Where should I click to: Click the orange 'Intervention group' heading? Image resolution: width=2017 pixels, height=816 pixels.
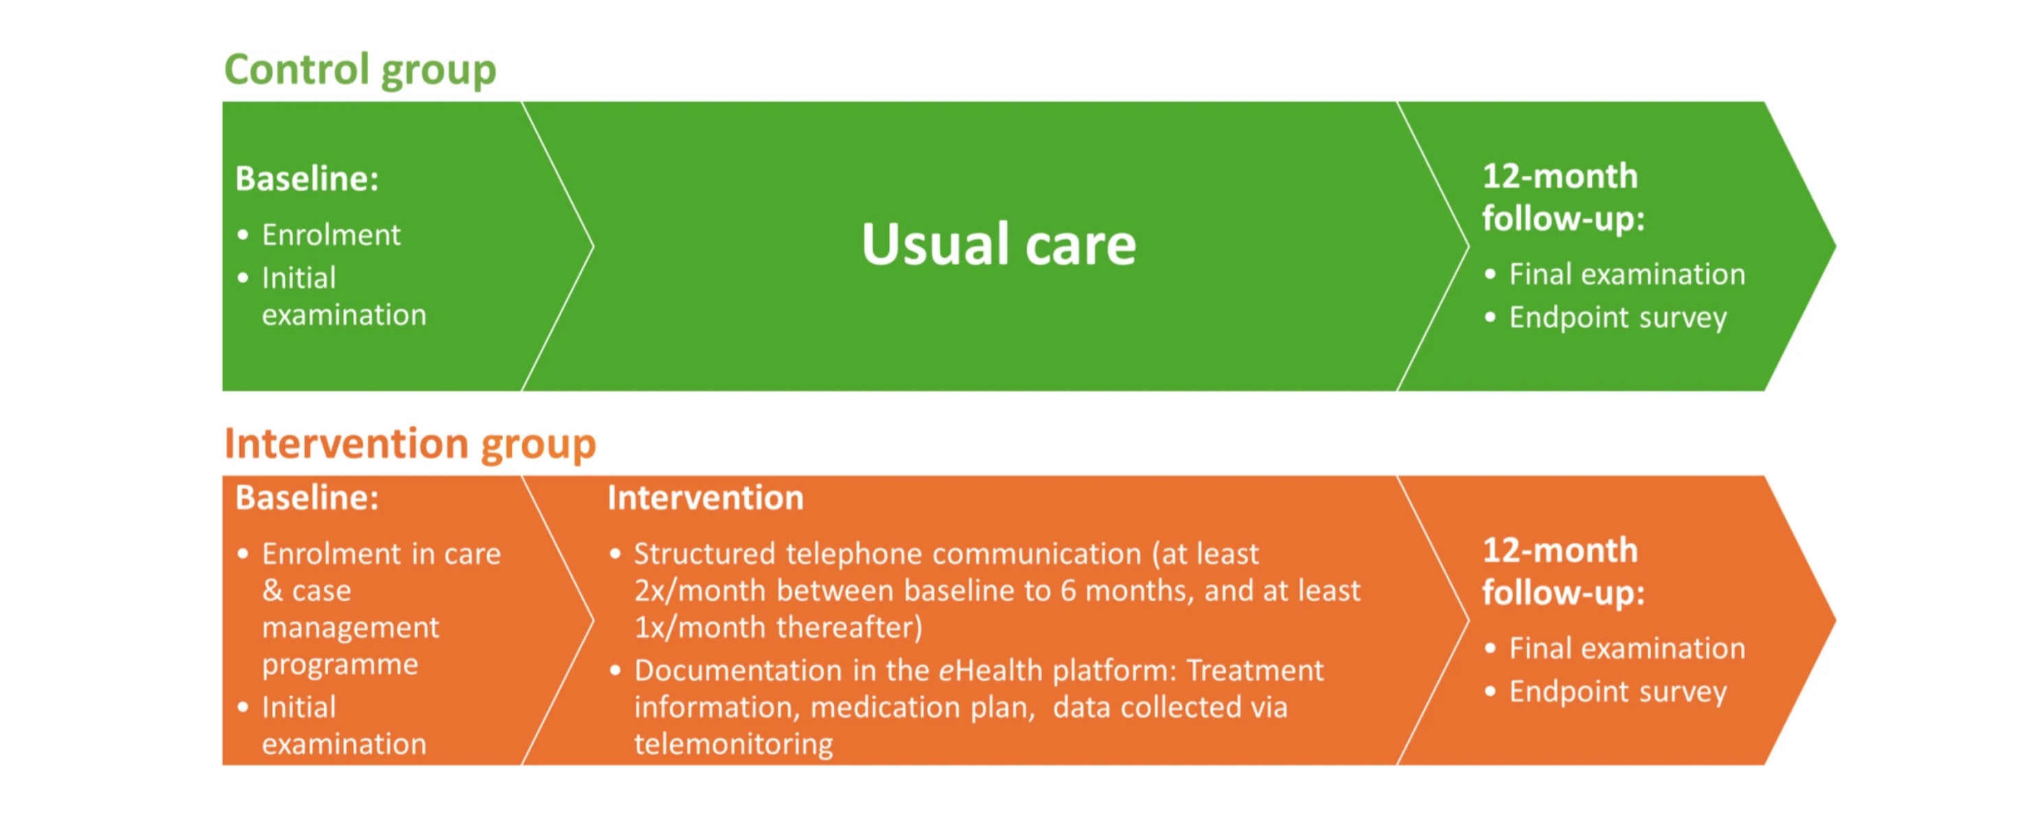click(x=411, y=444)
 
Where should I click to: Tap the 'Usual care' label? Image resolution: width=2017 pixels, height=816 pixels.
click(x=998, y=245)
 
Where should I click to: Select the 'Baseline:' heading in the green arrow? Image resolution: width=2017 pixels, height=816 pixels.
click(x=307, y=179)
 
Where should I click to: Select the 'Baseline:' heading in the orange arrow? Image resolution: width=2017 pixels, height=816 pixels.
click(x=307, y=498)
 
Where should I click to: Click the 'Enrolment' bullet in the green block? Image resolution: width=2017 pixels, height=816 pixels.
click(x=331, y=235)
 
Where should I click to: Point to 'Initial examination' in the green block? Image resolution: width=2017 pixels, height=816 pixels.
click(x=344, y=296)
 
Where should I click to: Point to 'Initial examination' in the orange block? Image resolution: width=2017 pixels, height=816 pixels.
click(x=344, y=725)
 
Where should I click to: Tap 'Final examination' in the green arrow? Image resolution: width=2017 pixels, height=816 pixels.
click(x=1627, y=275)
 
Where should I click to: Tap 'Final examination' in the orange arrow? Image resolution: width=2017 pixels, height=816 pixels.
click(x=1627, y=648)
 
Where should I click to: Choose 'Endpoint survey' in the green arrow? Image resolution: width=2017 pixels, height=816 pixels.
click(x=1617, y=318)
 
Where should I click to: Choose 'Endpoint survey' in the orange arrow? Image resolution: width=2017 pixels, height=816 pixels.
click(x=1617, y=692)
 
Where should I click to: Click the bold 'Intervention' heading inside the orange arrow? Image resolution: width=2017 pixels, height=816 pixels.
click(x=706, y=498)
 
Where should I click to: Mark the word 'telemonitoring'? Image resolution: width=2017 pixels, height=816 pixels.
click(x=734, y=744)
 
